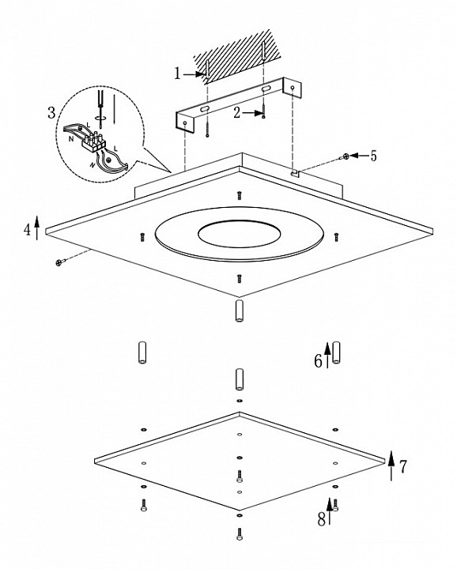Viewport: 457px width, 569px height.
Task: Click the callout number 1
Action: (x=177, y=73)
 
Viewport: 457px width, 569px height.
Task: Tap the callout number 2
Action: (x=236, y=113)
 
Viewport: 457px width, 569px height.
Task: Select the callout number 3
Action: (x=52, y=113)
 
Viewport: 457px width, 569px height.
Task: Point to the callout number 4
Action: (x=27, y=230)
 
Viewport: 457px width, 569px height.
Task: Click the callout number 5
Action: (x=373, y=156)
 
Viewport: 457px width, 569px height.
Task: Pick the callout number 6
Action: (x=318, y=361)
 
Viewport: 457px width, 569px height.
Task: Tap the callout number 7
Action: (x=403, y=467)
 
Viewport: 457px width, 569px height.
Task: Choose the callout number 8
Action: (x=321, y=520)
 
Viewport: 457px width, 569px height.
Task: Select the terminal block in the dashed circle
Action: (x=93, y=142)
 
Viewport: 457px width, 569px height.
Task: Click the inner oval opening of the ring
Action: (x=239, y=234)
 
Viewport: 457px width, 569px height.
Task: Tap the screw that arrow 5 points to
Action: (x=344, y=156)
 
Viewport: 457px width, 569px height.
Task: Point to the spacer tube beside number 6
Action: (x=337, y=352)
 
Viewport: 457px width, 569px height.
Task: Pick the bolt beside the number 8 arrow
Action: (x=335, y=505)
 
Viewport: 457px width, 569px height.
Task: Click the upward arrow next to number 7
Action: (x=391, y=466)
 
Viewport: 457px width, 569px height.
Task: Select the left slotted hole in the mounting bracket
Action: (x=204, y=109)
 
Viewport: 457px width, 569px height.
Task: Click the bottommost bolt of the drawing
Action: (x=240, y=533)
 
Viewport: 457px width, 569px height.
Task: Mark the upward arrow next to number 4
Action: (x=37, y=227)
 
